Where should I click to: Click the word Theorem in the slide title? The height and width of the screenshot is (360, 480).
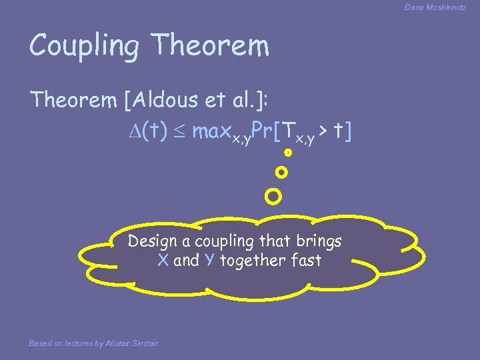(211, 45)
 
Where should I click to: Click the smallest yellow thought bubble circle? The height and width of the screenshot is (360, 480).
(288, 153)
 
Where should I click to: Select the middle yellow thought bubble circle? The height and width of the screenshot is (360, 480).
(281, 173)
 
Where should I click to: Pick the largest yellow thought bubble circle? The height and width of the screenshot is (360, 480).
(273, 197)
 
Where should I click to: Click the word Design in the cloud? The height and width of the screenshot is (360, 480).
(153, 241)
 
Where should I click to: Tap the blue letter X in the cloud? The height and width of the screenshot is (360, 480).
(163, 261)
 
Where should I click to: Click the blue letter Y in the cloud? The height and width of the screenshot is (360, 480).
(209, 261)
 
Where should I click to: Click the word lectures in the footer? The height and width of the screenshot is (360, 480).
(76, 343)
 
